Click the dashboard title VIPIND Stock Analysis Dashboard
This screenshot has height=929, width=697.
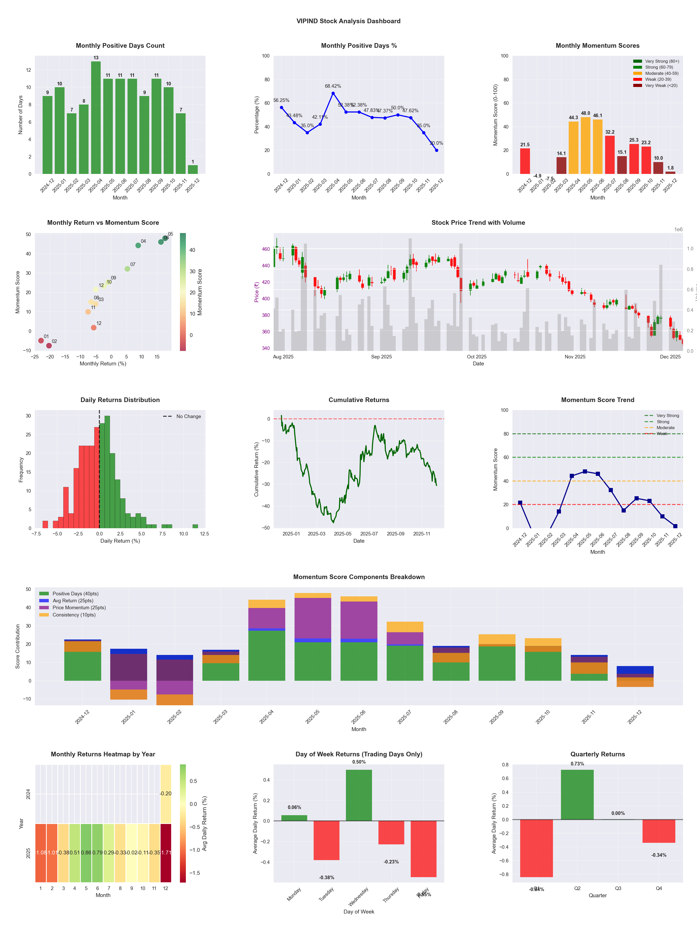(348, 21)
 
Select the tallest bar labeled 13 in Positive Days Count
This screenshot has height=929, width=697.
(96, 118)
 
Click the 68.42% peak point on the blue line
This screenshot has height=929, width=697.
(333, 93)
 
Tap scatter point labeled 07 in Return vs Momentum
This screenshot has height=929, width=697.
(127, 269)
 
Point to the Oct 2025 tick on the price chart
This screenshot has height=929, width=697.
(477, 357)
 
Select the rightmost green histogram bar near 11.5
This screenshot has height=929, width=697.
(195, 526)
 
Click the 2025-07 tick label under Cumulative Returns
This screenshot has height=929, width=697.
(369, 534)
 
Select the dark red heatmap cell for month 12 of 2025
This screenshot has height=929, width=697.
(165, 853)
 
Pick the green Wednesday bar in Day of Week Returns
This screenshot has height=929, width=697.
(359, 795)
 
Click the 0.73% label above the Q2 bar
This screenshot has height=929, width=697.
(577, 764)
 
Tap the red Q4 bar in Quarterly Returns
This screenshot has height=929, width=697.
(659, 831)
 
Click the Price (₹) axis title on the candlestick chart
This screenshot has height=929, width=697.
(256, 292)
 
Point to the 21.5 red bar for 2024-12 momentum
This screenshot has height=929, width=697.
(525, 161)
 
